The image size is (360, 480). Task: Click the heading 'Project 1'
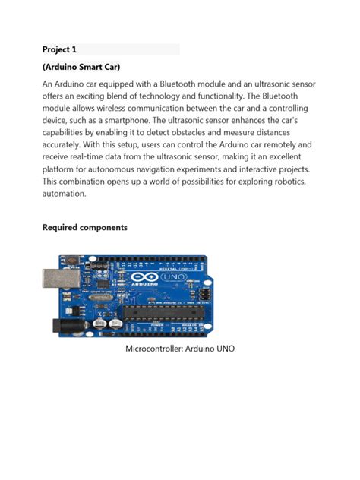(x=58, y=49)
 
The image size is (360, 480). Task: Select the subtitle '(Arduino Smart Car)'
(x=81, y=68)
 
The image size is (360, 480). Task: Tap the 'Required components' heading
(x=85, y=227)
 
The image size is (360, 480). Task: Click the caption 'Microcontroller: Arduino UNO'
(x=180, y=349)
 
